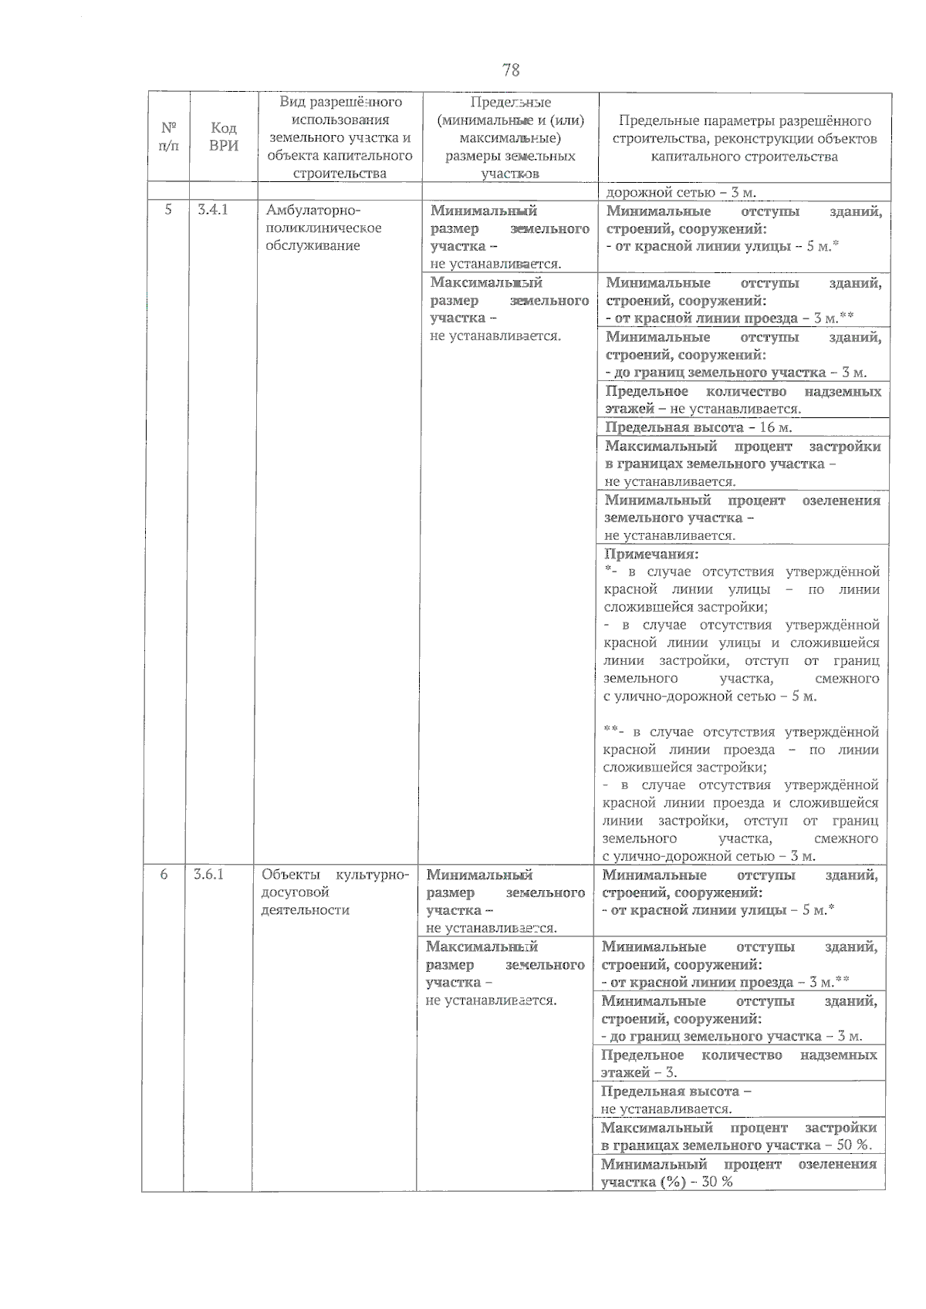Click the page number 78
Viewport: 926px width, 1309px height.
511,70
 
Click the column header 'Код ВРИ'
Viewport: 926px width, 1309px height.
223,137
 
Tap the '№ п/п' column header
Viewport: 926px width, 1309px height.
168,137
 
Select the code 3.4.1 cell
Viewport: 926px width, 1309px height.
213,210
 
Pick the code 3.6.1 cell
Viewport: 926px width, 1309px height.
208,875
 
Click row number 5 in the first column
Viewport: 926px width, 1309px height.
168,210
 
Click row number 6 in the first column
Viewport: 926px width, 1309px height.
164,875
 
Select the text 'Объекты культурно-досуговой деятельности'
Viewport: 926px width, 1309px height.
334,892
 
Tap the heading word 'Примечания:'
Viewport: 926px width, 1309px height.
651,554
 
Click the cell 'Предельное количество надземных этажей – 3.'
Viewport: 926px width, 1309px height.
738,1064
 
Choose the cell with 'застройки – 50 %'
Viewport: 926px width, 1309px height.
738,1136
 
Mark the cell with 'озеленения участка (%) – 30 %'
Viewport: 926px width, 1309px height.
738,1172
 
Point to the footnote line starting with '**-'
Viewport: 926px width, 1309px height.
740,732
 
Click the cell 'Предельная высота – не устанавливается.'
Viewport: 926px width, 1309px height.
738,1100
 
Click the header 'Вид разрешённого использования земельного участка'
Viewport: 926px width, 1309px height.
340,137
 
